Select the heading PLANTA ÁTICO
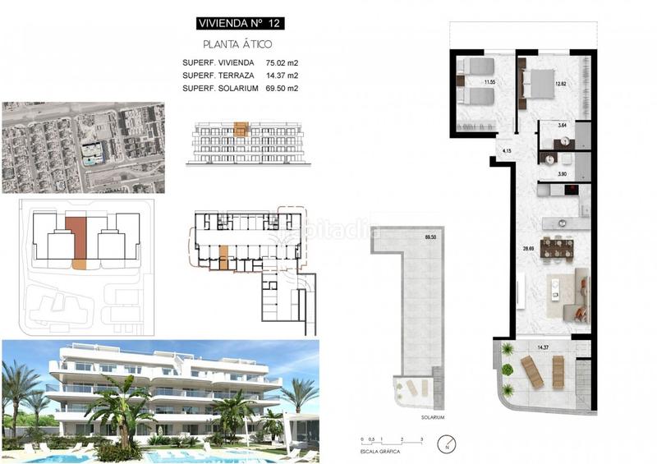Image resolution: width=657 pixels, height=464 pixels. [237, 44]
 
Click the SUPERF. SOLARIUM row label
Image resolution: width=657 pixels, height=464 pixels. [220, 88]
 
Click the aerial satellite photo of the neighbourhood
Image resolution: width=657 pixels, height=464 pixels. [83, 147]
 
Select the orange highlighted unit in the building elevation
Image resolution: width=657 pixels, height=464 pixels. [240, 129]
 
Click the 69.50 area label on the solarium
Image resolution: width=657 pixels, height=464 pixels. [430, 237]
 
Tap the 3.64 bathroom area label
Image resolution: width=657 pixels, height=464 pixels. [563, 126]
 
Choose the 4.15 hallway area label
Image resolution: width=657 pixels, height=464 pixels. [506, 151]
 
